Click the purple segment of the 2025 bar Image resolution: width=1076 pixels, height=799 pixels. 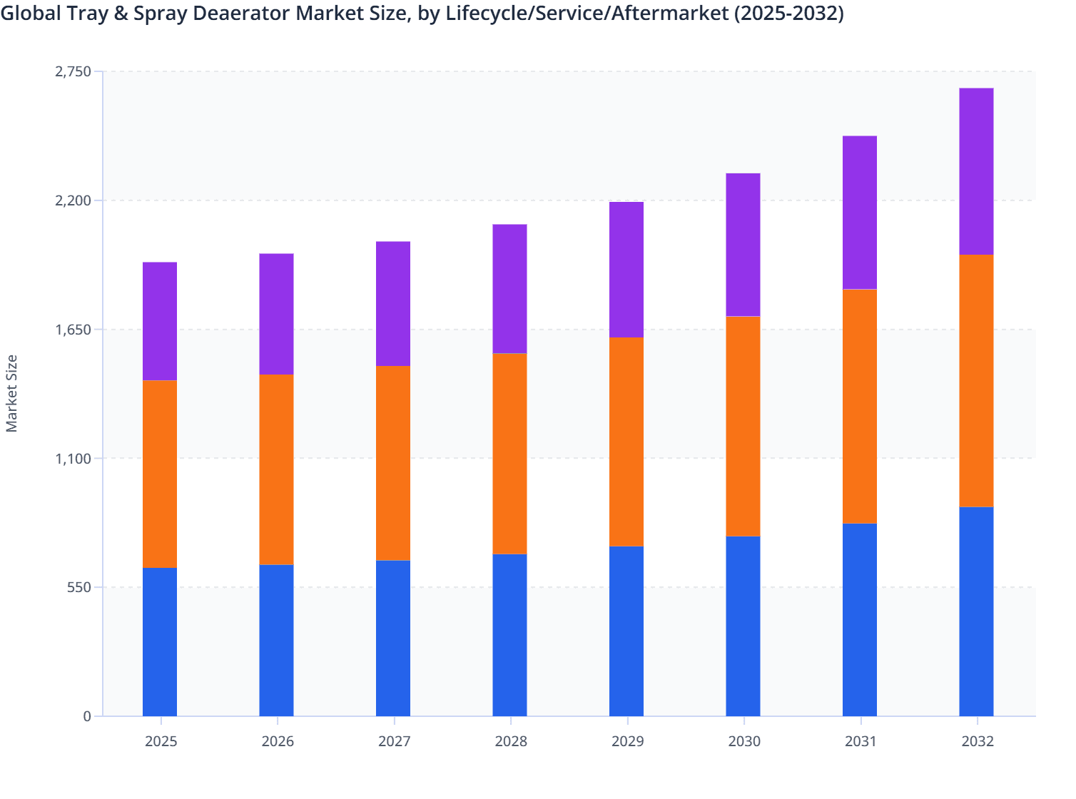pos(160,321)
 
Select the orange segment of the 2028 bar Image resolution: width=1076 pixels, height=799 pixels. pos(509,454)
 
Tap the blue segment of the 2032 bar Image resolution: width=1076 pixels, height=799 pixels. pos(976,611)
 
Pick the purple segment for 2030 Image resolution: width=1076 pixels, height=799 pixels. pos(743,245)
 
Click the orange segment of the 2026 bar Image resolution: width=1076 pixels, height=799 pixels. pos(276,469)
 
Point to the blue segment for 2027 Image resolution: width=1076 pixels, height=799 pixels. pos(393,638)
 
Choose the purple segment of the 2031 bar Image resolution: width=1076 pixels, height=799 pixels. pos(860,213)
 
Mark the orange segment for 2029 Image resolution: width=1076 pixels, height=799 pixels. pos(626,442)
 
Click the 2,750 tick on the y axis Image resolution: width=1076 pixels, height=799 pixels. pos(73,71)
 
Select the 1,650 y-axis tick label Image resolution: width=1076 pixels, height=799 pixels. pos(73,330)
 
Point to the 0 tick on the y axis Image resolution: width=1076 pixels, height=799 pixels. pos(87,716)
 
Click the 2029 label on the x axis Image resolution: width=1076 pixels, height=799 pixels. pos(627,741)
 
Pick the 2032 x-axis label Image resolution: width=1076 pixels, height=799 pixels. pos(977,741)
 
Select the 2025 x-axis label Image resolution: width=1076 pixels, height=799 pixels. pos(161,741)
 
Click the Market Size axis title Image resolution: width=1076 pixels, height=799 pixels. pos(12,393)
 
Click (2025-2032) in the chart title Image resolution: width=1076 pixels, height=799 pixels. pos(789,13)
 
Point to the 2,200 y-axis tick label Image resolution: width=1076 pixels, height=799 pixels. pos(73,200)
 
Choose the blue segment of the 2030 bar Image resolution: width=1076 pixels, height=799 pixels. pos(743,626)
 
